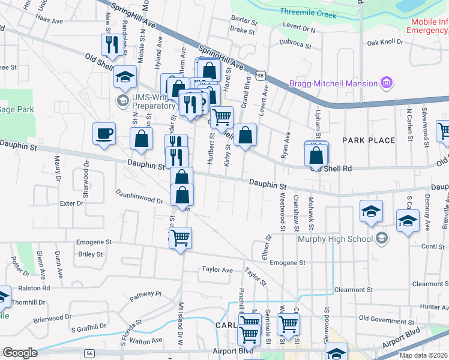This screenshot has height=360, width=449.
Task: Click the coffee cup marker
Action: pyautogui.click(x=104, y=133)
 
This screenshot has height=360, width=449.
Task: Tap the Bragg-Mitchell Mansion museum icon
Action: pyautogui.click(x=387, y=83)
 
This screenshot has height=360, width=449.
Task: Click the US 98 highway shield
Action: pyautogui.click(x=259, y=76)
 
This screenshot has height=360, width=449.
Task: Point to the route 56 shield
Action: pyautogui.click(x=89, y=352)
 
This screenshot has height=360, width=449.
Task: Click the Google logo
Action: pyautogui.click(x=20, y=352)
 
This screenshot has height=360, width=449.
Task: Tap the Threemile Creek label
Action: pyautogui.click(x=309, y=13)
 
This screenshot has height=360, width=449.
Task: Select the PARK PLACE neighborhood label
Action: pyautogui.click(x=369, y=140)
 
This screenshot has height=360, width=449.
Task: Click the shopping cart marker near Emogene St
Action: pyautogui.click(x=181, y=238)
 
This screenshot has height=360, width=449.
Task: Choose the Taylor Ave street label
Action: pyautogui.click(x=217, y=270)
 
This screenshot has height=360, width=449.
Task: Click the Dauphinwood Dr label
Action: pyautogui.click(x=139, y=197)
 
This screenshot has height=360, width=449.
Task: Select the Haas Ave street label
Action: pyautogui.click(x=49, y=20)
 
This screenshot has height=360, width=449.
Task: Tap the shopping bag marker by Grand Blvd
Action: pyautogui.click(x=245, y=134)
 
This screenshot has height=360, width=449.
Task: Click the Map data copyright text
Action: pyautogui.click(x=423, y=355)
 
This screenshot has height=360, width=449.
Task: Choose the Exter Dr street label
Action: pyautogui.click(x=71, y=203)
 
